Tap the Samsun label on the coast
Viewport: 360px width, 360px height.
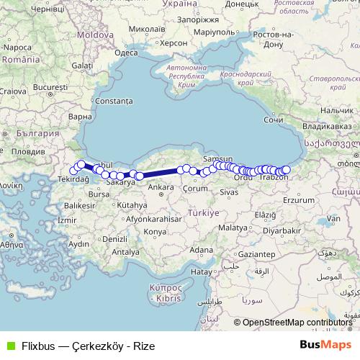click(218, 158)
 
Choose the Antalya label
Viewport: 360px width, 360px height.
click(125, 252)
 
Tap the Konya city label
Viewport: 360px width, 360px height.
click(154, 231)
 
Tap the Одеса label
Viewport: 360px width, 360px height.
click(126, 53)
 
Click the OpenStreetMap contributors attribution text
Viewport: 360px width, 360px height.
click(298, 323)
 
